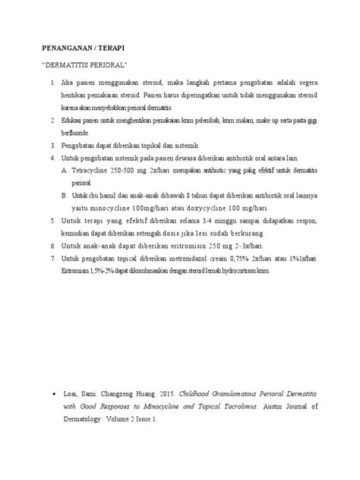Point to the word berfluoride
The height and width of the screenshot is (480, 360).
pyautogui.click(x=78, y=132)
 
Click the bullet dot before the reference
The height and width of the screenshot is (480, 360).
pyautogui.click(x=51, y=396)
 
